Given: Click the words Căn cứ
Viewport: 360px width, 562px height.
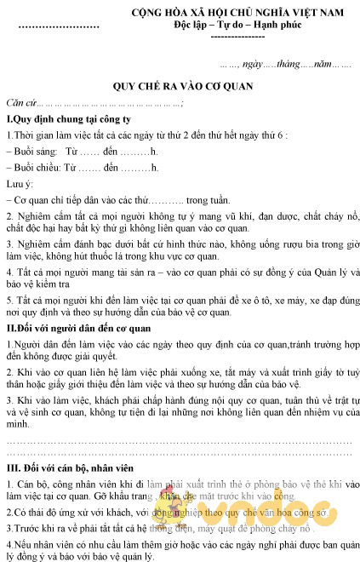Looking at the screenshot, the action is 20,103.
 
